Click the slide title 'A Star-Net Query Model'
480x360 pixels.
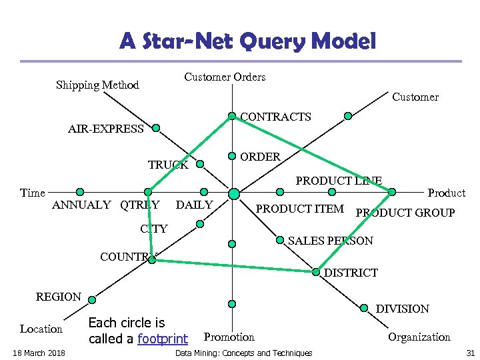pyautogui.click(x=248, y=42)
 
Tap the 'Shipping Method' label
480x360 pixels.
pyautogui.click(x=97, y=85)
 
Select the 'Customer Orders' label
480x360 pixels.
pyautogui.click(x=225, y=77)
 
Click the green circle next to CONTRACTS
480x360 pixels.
pyautogui.click(x=232, y=116)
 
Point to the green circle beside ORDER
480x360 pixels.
pyautogui.click(x=232, y=156)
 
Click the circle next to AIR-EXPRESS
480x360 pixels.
pyautogui.click(x=156, y=127)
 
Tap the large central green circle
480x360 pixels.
pyautogui.click(x=233, y=193)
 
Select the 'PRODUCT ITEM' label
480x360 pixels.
pyautogui.click(x=300, y=209)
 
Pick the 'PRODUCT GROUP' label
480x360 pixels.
pyautogui.click(x=405, y=213)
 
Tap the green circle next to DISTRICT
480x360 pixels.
pyautogui.click(x=316, y=271)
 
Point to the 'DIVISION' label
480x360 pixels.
pyautogui.click(x=403, y=309)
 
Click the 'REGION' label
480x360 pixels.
pyautogui.click(x=59, y=297)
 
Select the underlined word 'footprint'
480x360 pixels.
pyautogui.click(x=162, y=339)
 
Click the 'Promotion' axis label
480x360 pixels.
pyautogui.click(x=229, y=337)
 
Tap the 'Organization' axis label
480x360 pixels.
pyautogui.click(x=419, y=337)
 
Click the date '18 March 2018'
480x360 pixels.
pyautogui.click(x=38, y=353)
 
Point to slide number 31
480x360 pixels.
pyautogui.click(x=470, y=353)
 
